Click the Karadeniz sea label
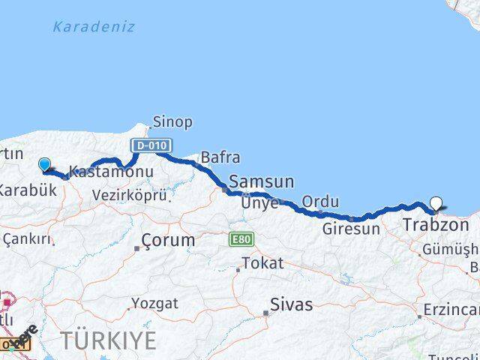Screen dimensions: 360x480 tap(94, 27)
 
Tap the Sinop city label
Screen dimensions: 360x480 tap(172, 121)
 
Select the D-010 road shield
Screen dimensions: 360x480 tap(151, 145)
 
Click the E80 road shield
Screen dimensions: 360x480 tap(241, 240)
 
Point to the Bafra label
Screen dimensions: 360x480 tap(220, 157)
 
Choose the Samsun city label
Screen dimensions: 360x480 tap(262, 181)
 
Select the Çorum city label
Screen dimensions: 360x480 tap(169, 241)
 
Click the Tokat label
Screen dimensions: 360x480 tap(262, 263)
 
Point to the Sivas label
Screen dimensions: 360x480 tap(292, 304)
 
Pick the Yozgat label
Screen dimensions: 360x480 tap(155, 304)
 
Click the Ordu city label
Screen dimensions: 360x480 tap(320, 202)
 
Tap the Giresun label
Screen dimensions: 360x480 tap(351, 229)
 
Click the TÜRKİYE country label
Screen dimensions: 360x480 tap(109, 340)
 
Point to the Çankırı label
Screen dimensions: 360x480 tap(27, 239)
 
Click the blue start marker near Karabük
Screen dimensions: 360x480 tap(45, 164)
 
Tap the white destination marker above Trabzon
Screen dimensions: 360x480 tap(436, 202)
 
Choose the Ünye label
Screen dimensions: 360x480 tap(259, 203)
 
